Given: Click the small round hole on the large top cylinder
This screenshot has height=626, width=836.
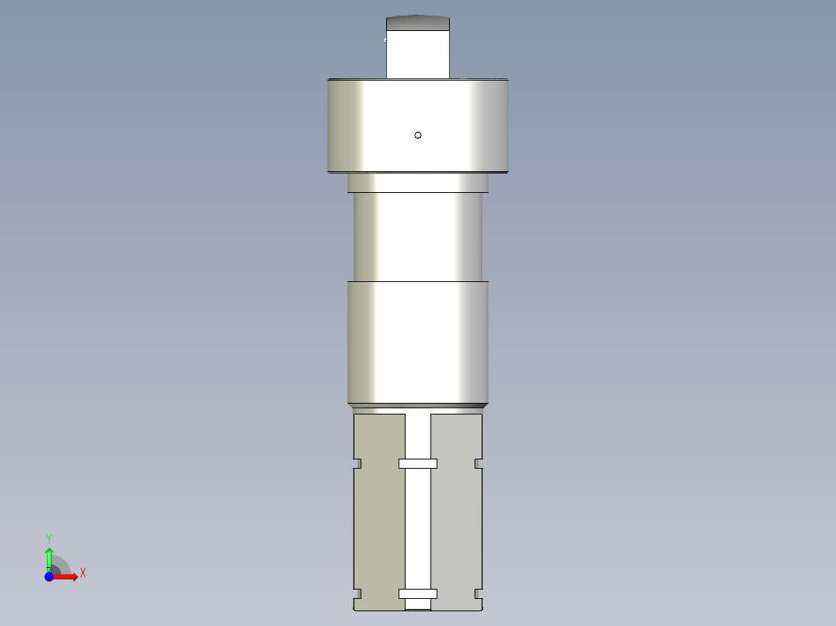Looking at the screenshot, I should (418, 135).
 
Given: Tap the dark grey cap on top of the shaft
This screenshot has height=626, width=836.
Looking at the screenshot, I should (418, 23).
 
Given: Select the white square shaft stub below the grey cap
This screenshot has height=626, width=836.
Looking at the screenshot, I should (418, 54).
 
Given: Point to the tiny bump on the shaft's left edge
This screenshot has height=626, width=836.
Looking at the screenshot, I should (385, 40).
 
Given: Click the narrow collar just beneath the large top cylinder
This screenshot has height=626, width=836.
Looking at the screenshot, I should (418, 182).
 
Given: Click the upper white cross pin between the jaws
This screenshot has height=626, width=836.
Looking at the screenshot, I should (418, 463).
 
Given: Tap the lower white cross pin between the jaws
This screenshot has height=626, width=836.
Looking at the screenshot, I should (418, 593).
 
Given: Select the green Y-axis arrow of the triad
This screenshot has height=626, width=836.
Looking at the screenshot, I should (49, 556).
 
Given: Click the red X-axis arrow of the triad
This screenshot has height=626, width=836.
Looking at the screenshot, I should (68, 576).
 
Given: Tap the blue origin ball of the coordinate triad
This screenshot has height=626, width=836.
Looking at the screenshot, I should (49, 576).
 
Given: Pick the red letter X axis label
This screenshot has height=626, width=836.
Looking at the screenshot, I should (82, 573).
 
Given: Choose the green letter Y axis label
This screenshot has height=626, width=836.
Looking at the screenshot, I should (48, 538).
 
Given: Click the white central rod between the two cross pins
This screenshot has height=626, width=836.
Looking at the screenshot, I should (418, 527).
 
